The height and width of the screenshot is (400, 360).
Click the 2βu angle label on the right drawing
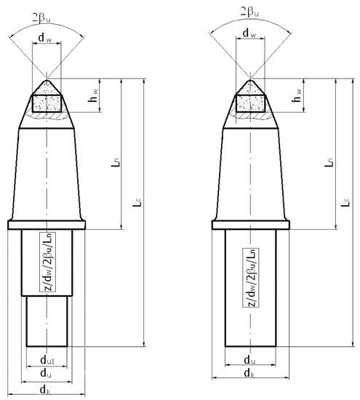point(249,12)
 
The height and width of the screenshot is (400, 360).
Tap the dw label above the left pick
point(45,38)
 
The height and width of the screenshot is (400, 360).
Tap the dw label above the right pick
point(249,33)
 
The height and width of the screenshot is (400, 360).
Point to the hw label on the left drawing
point(93,95)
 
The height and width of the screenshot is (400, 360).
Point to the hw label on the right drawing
point(297,95)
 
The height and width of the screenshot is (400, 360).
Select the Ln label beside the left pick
point(115,162)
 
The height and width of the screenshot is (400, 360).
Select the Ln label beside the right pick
point(329,162)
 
